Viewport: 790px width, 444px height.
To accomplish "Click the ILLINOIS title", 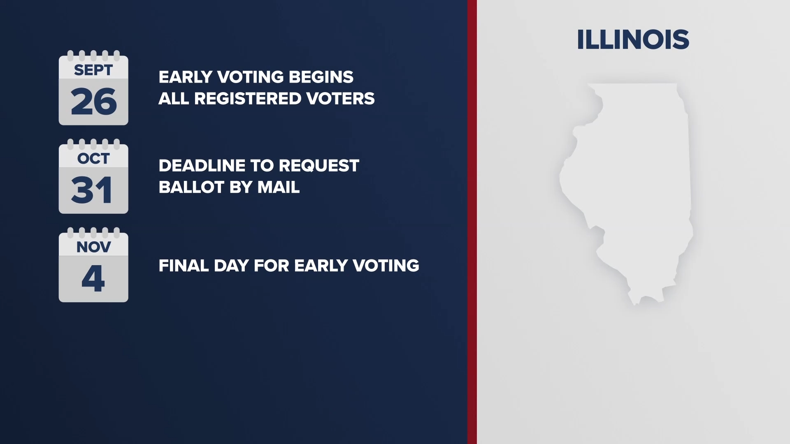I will coord(633,40).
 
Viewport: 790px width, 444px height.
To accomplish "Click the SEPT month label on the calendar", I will coord(93,70).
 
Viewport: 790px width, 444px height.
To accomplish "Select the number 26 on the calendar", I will coord(94,102).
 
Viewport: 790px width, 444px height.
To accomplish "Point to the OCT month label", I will coord(93,159).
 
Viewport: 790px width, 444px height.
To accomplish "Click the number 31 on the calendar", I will coord(92,190).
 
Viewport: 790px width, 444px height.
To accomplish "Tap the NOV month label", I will coord(93,247).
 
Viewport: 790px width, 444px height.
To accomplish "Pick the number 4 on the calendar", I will coord(93,279).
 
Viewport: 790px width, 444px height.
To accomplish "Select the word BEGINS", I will coord(321,77).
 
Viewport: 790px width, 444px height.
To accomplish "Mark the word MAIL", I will coord(279,187).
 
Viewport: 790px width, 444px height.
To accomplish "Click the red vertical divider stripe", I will coord(472,222).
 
